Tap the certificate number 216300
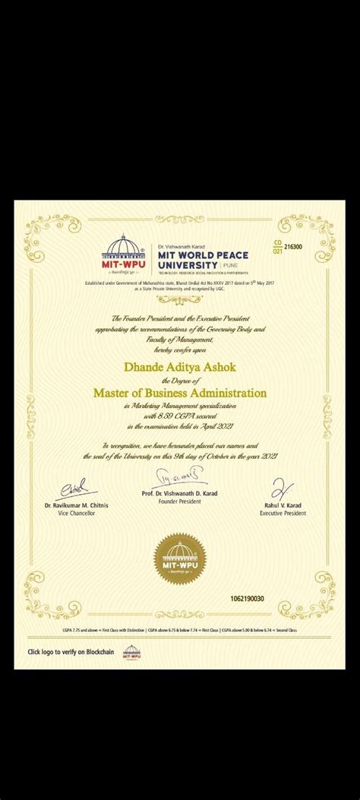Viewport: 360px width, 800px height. tap(292, 247)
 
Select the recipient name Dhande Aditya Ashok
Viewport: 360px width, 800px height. tap(179, 367)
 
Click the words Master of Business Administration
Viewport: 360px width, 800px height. tap(179, 393)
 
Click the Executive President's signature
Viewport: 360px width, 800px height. tap(278, 484)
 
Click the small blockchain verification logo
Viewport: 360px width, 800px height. tap(127, 651)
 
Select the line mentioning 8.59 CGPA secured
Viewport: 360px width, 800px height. tap(179, 416)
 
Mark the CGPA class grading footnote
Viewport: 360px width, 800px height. tap(179, 631)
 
